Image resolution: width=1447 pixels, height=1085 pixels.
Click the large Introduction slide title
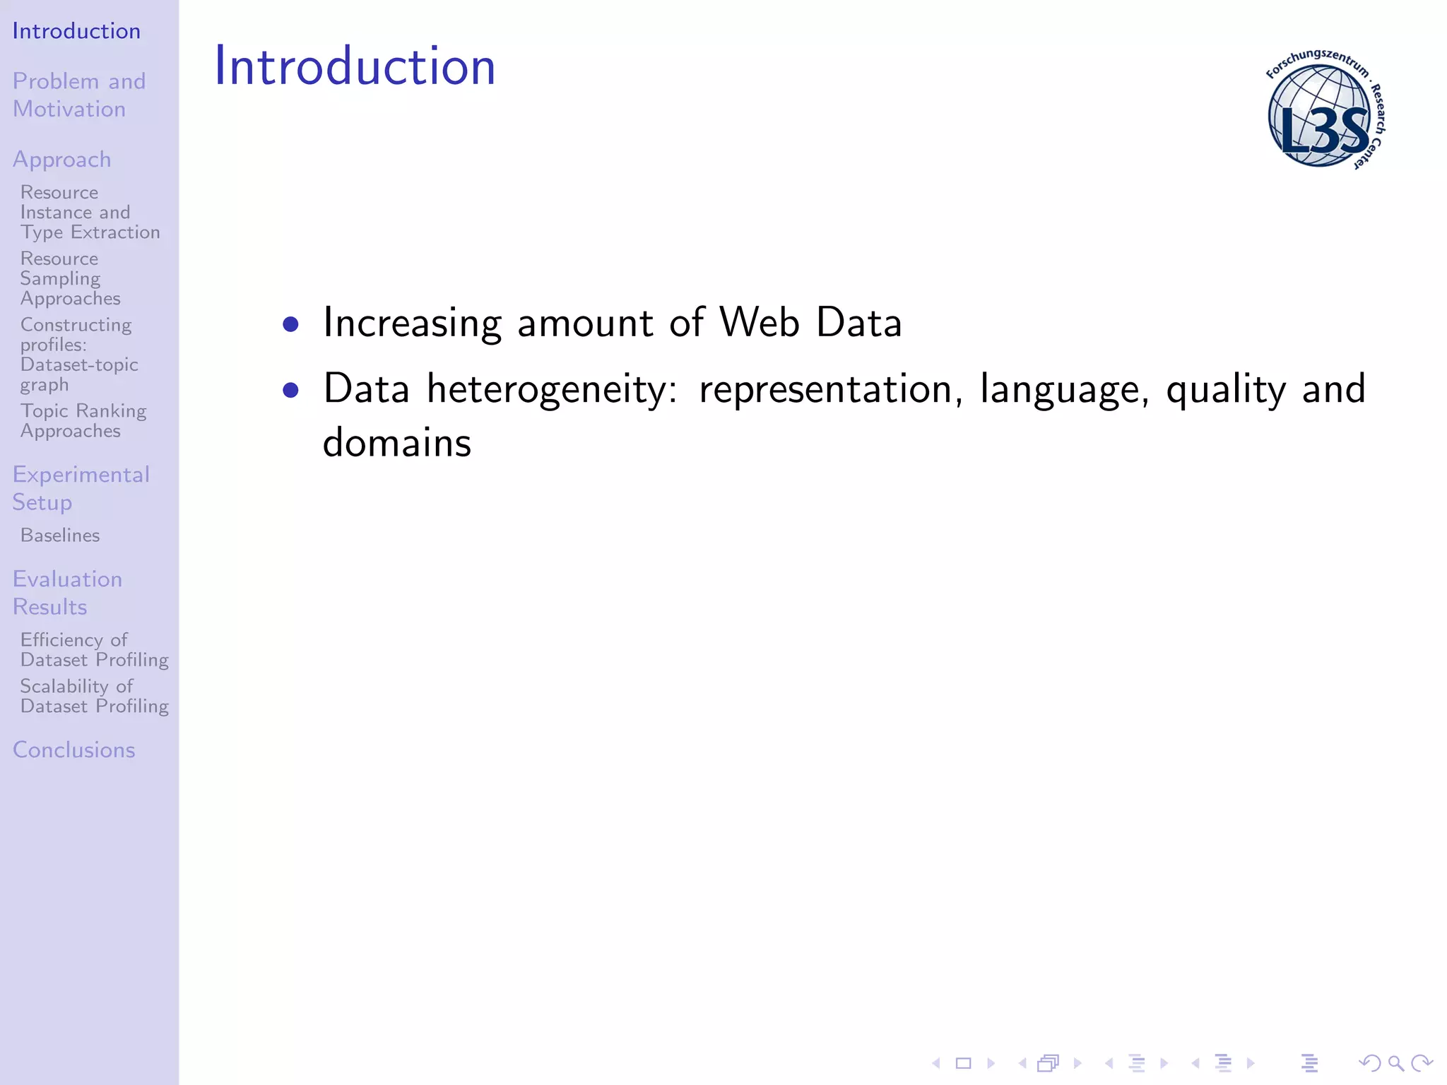click(355, 66)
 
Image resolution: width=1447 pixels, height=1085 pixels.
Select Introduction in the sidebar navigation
click(76, 31)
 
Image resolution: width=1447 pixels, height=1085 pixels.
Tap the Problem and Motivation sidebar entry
click(78, 95)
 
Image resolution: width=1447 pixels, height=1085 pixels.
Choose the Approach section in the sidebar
click(62, 160)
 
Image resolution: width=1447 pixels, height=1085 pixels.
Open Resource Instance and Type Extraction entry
click(90, 212)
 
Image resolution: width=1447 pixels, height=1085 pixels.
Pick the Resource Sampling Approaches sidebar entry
click(70, 278)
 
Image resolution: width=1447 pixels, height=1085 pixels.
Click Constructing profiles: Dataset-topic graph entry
click(78, 355)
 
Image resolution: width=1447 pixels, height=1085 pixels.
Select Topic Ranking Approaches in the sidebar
click(83, 420)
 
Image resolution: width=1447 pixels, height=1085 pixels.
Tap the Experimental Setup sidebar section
click(81, 487)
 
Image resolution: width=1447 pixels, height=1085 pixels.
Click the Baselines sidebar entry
click(60, 535)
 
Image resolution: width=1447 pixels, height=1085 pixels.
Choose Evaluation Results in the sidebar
click(67, 593)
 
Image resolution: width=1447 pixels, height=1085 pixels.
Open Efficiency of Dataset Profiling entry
click(94, 649)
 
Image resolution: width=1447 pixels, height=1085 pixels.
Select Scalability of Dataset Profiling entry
click(94, 696)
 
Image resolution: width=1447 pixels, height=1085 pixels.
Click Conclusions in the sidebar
click(73, 749)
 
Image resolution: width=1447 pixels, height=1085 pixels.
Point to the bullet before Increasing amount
click(290, 324)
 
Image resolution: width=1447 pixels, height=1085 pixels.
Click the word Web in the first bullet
click(759, 323)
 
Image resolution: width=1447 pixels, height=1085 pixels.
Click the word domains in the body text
click(396, 443)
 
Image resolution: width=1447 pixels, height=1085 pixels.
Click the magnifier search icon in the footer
click(1395, 1062)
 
